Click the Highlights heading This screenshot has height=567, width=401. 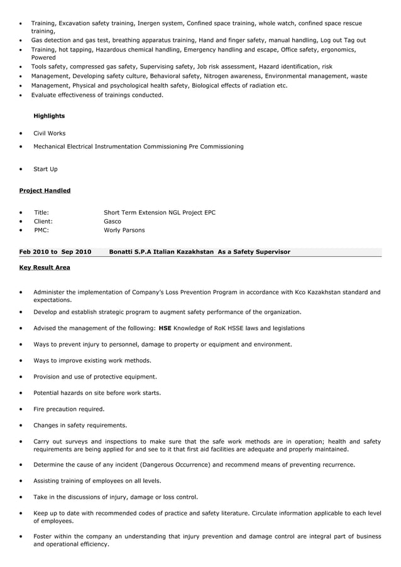[49, 116]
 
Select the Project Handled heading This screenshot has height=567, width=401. [45, 191]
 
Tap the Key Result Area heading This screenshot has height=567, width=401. [45, 267]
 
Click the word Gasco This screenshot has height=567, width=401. [113, 222]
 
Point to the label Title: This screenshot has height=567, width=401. [41, 213]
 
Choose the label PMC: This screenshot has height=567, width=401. [41, 230]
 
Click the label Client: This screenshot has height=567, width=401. [43, 222]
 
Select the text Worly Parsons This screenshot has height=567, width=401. [124, 230]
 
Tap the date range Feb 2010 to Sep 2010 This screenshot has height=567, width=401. [55, 252]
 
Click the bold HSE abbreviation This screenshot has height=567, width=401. [165, 328]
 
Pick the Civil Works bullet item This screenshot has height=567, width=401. [49, 134]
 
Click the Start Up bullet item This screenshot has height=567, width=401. [45, 169]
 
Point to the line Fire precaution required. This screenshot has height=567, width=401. [69, 409]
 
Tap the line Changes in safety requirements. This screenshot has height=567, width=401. [80, 426]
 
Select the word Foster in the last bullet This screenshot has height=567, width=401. [43, 537]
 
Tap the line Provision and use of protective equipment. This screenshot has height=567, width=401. [95, 377]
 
